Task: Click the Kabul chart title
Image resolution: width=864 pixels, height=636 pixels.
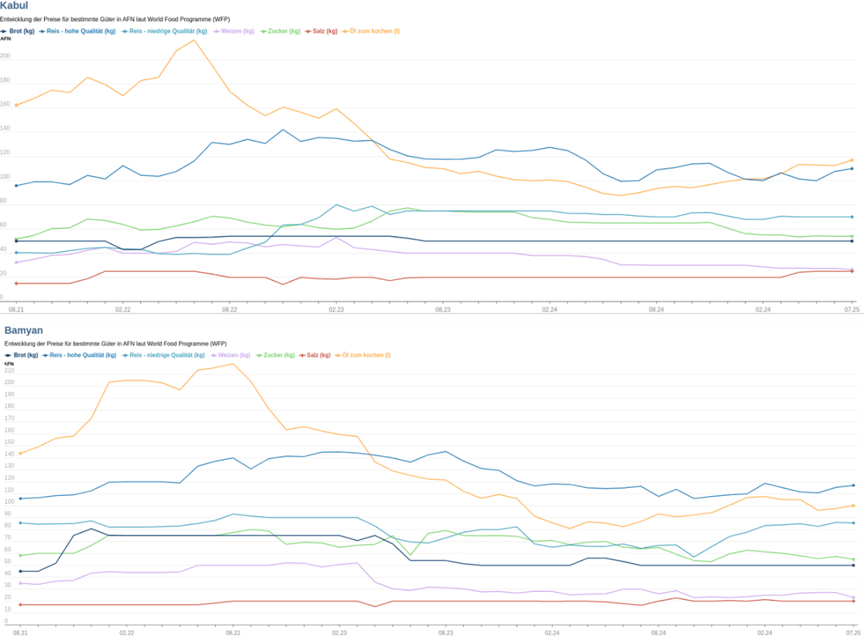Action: point(14,6)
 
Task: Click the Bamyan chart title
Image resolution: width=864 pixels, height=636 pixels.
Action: point(23,330)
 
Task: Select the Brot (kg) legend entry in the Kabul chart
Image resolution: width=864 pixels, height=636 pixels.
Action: point(18,31)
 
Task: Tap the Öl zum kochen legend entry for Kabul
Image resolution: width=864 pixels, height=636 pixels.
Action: point(371,31)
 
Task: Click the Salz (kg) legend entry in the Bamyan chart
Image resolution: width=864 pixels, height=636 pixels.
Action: point(314,355)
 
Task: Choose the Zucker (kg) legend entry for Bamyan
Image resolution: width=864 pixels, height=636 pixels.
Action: point(275,355)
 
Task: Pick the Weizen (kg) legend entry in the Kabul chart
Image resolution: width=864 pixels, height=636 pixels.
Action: point(234,31)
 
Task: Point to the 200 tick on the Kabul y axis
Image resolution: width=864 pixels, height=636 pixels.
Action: point(5,56)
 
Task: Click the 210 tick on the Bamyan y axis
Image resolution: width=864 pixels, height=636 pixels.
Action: point(9,370)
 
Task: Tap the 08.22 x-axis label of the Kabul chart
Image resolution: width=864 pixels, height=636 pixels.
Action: point(230,310)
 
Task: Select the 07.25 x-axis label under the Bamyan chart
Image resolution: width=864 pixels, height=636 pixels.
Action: point(853,633)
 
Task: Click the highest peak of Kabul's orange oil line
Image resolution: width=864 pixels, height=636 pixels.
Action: point(194,40)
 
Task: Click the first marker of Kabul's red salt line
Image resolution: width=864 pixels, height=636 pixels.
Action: point(16,283)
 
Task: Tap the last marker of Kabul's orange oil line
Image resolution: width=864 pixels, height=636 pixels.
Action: point(852,160)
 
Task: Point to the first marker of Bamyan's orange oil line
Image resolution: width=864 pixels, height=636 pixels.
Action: point(20,454)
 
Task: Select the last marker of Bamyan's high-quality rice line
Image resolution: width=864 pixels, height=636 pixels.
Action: point(854,486)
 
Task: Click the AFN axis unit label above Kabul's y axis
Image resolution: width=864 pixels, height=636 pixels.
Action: point(6,39)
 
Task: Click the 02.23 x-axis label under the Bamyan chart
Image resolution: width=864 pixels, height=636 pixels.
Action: point(339,633)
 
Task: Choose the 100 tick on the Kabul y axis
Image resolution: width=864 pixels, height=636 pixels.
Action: point(5,177)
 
